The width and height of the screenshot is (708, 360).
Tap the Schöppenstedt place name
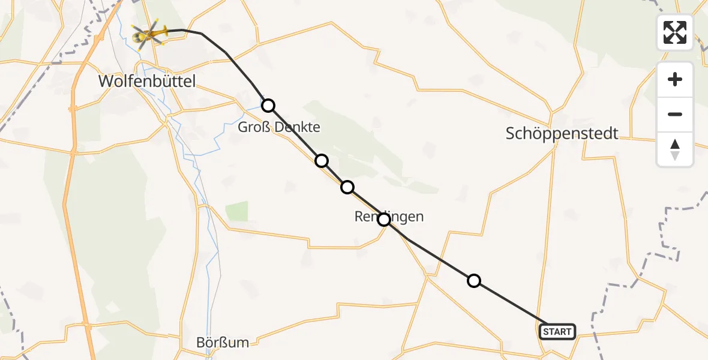[562, 133]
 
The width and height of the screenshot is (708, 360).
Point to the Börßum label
[223, 343]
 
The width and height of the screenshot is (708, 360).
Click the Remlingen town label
[389, 217]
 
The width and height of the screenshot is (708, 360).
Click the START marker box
[557, 331]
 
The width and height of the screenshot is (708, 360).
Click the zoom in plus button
[675, 79]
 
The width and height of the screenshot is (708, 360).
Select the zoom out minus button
[675, 114]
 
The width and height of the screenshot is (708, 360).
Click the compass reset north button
[675, 149]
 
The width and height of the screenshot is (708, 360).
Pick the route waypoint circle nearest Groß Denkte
[268, 106]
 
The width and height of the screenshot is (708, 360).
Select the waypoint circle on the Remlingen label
[384, 220]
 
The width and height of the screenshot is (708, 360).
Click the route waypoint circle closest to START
[474, 280]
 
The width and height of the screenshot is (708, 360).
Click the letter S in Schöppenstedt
[511, 133]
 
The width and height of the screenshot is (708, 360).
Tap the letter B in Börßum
[201, 343]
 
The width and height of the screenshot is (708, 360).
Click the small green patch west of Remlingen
[237, 211]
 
